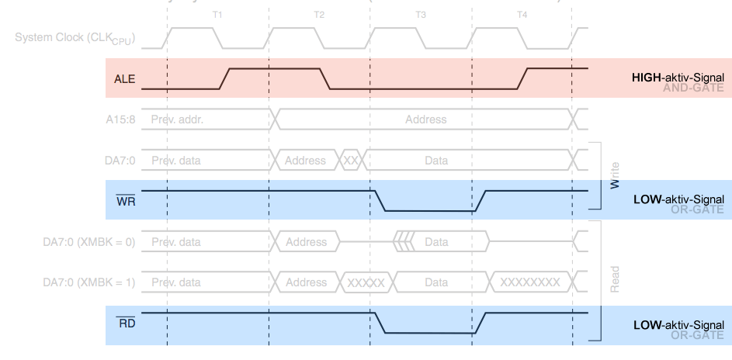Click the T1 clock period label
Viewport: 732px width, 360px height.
tap(217, 15)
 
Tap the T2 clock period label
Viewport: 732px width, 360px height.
tap(319, 15)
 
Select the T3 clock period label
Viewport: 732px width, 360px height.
tap(420, 15)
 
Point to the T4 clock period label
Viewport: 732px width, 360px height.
tap(522, 15)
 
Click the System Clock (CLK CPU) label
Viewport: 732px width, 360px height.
tap(74, 37)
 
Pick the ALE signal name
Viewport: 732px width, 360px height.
tap(124, 79)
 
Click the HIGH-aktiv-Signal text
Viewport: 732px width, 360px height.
tap(678, 78)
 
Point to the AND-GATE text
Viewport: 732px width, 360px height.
tap(693, 88)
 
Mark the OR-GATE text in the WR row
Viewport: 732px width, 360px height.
tap(696, 210)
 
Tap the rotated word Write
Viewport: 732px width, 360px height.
tap(615, 175)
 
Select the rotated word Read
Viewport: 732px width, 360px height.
tap(615, 279)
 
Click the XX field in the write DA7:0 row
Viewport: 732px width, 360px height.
tap(350, 161)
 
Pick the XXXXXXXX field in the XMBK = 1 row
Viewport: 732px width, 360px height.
tap(529, 282)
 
